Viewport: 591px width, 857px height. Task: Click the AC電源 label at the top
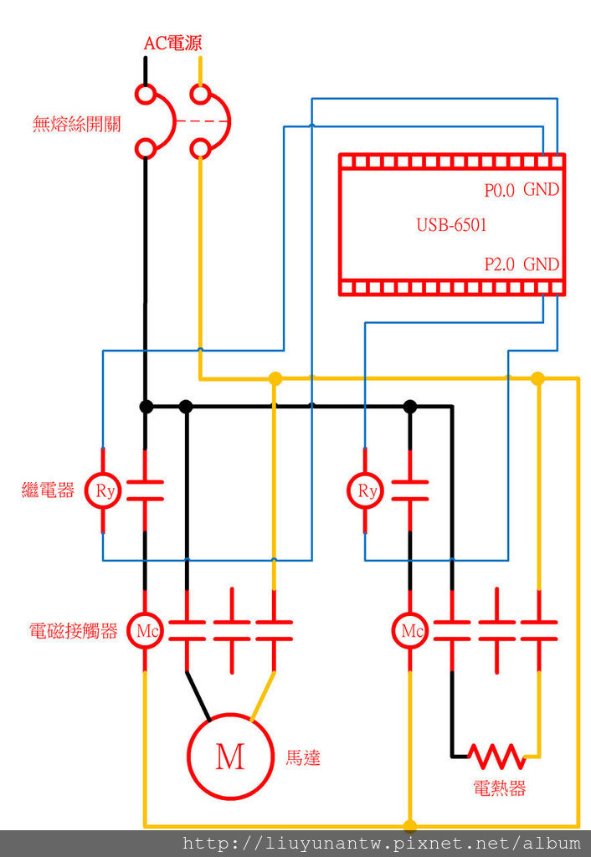point(172,44)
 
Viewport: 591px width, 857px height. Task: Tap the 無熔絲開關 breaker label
point(76,125)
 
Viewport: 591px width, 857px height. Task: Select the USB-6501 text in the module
point(451,225)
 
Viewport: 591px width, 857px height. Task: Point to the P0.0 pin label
point(501,190)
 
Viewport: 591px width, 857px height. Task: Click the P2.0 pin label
point(501,264)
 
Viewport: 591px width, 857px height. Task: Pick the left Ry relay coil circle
point(104,490)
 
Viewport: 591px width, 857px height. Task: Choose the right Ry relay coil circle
point(366,490)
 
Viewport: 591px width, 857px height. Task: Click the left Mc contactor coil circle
point(146,631)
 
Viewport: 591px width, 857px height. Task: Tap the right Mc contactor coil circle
point(410,631)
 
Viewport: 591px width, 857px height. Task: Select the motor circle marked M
point(229,756)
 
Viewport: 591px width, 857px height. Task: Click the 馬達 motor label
point(303,758)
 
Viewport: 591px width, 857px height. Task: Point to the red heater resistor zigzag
point(497,756)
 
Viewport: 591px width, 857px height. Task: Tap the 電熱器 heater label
point(500,788)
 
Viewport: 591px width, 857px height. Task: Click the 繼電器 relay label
point(48,490)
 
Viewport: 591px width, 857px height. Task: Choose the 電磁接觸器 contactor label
point(73,631)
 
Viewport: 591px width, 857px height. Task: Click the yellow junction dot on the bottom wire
point(410,826)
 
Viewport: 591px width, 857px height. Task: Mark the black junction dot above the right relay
point(410,407)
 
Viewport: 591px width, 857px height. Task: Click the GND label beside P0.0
point(541,190)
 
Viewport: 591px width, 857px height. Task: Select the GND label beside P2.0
point(541,264)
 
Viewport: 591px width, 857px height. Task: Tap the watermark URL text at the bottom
point(381,844)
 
